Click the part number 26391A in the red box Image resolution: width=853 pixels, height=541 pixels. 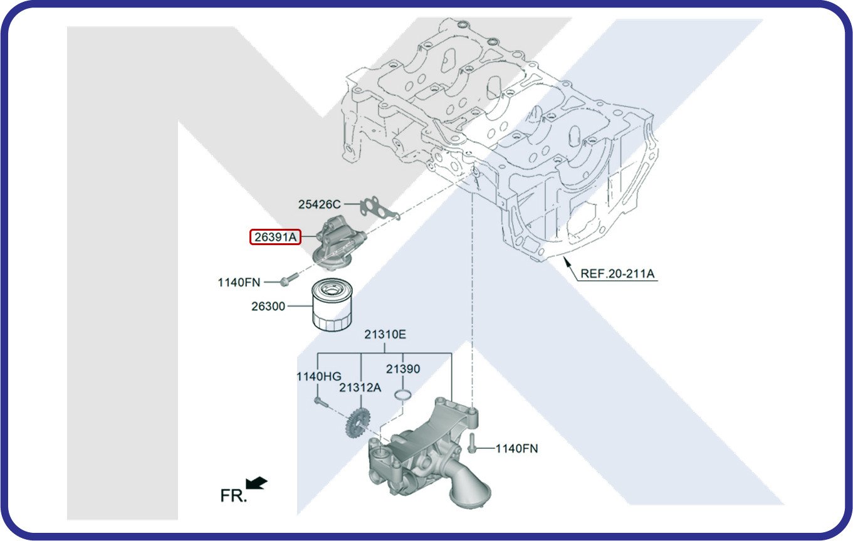tap(276, 237)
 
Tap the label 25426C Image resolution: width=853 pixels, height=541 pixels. tap(319, 204)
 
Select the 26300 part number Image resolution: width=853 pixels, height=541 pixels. tap(268, 307)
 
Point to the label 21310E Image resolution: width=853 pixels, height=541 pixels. tap(385, 335)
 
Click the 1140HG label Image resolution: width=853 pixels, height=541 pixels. tap(318, 376)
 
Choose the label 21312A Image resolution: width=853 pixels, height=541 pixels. tap(360, 387)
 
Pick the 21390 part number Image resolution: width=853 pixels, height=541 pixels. tap(402, 369)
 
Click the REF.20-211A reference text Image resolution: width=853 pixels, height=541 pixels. tap(617, 273)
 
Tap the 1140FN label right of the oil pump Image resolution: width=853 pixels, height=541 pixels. tap(516, 449)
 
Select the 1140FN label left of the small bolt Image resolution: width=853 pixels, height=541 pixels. tap(239, 283)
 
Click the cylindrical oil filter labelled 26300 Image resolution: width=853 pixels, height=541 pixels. tap(332, 305)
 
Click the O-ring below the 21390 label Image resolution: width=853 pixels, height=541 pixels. tap(402, 395)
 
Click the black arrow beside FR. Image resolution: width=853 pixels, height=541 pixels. tap(256, 483)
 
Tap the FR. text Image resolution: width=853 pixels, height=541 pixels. tap(233, 496)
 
